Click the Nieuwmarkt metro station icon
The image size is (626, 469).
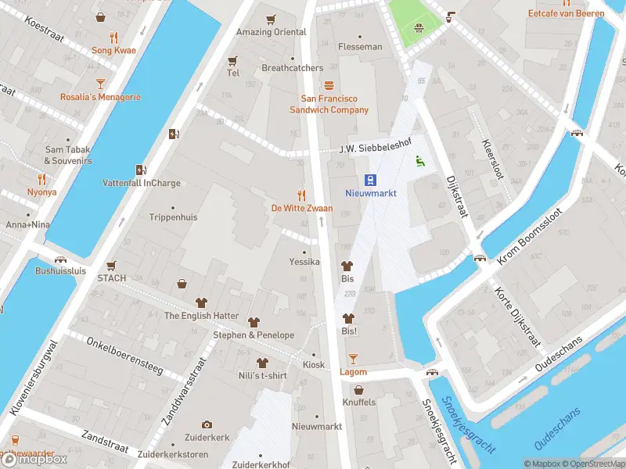click(x=371, y=179)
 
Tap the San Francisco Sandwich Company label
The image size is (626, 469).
click(x=335, y=104)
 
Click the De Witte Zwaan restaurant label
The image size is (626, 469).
click(x=301, y=208)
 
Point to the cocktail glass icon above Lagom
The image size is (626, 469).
click(x=353, y=358)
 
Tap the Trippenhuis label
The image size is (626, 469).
click(x=173, y=217)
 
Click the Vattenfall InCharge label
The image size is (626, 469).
click(x=142, y=183)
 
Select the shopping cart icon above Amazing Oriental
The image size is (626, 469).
click(x=271, y=20)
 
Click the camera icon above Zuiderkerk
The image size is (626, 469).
click(x=207, y=424)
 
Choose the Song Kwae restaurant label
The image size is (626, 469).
click(x=113, y=50)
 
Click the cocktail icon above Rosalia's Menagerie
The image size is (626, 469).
click(x=100, y=83)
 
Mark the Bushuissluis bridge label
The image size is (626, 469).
click(x=60, y=271)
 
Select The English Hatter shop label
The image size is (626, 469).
click(x=201, y=316)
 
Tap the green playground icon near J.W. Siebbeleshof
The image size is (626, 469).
click(x=419, y=162)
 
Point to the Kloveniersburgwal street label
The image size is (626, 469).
click(x=33, y=377)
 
